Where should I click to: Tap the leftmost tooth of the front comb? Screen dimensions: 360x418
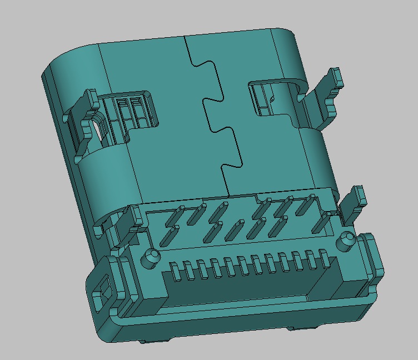177,272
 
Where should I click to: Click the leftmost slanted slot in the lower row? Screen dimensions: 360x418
167,236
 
